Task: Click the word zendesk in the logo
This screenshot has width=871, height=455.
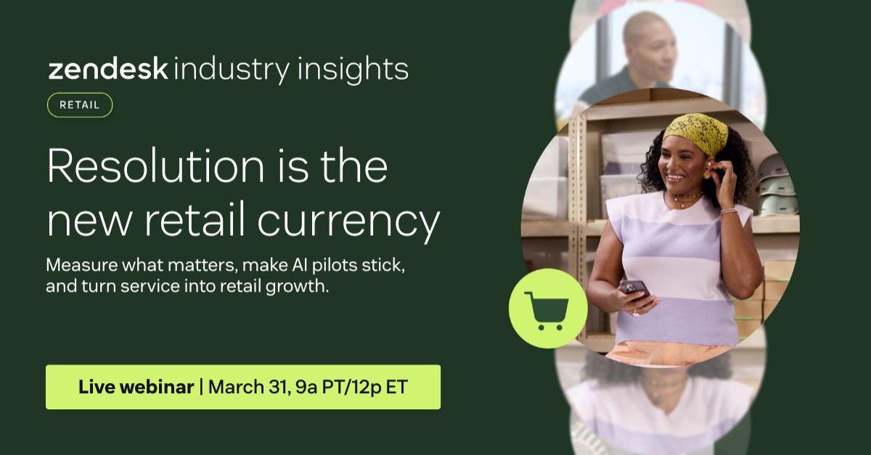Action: (x=108, y=69)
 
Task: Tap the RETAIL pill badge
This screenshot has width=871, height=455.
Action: (x=80, y=105)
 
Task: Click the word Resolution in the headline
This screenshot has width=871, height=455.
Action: (x=155, y=165)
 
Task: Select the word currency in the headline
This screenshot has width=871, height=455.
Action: (x=348, y=221)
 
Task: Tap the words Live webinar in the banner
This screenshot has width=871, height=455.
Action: (x=136, y=387)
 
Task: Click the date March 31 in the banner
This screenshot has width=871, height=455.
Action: (x=249, y=388)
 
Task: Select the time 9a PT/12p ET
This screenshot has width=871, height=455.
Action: (x=351, y=388)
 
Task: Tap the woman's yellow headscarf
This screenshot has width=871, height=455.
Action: (x=696, y=131)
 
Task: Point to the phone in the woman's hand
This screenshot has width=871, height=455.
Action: (x=635, y=290)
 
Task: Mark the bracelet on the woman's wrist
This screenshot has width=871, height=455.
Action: (x=728, y=211)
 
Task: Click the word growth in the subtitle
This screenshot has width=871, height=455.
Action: (x=298, y=287)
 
